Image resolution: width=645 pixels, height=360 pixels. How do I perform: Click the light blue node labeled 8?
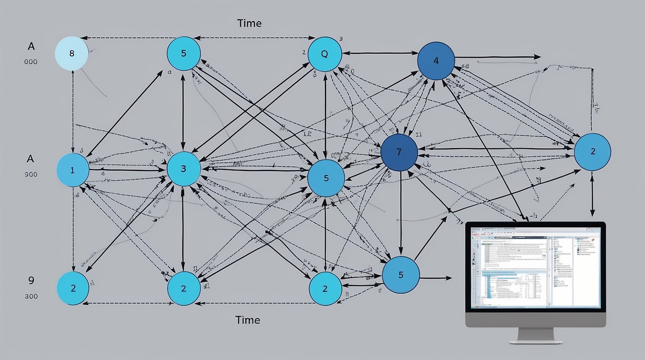tap(72, 53)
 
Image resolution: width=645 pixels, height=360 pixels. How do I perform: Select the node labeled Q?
tap(325, 54)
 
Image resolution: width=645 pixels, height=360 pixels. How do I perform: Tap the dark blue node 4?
tap(436, 61)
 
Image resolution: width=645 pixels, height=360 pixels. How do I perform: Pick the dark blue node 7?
tap(399, 152)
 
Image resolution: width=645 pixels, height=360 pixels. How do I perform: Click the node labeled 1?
tap(73, 170)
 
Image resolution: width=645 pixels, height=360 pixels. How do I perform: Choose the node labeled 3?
tap(183, 169)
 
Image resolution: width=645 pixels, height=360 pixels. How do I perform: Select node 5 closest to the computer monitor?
tap(401, 275)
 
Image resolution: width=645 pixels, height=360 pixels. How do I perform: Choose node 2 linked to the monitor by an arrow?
tap(592, 152)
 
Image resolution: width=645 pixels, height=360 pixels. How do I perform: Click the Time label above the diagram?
tap(249, 23)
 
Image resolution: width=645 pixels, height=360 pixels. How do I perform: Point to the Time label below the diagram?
tap(248, 320)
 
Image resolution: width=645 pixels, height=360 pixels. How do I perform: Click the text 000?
tap(30, 62)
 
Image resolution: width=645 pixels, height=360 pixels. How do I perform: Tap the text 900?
tap(30, 174)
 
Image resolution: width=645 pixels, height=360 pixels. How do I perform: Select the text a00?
tap(31, 296)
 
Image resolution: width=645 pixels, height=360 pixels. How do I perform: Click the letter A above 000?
tap(31, 46)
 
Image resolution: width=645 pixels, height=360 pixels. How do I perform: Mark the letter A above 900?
tap(30, 158)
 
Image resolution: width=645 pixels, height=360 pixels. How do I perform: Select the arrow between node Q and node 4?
tap(380, 52)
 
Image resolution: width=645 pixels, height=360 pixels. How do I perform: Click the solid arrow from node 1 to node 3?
tap(126, 170)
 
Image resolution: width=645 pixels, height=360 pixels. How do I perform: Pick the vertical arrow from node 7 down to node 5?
tap(400, 212)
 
